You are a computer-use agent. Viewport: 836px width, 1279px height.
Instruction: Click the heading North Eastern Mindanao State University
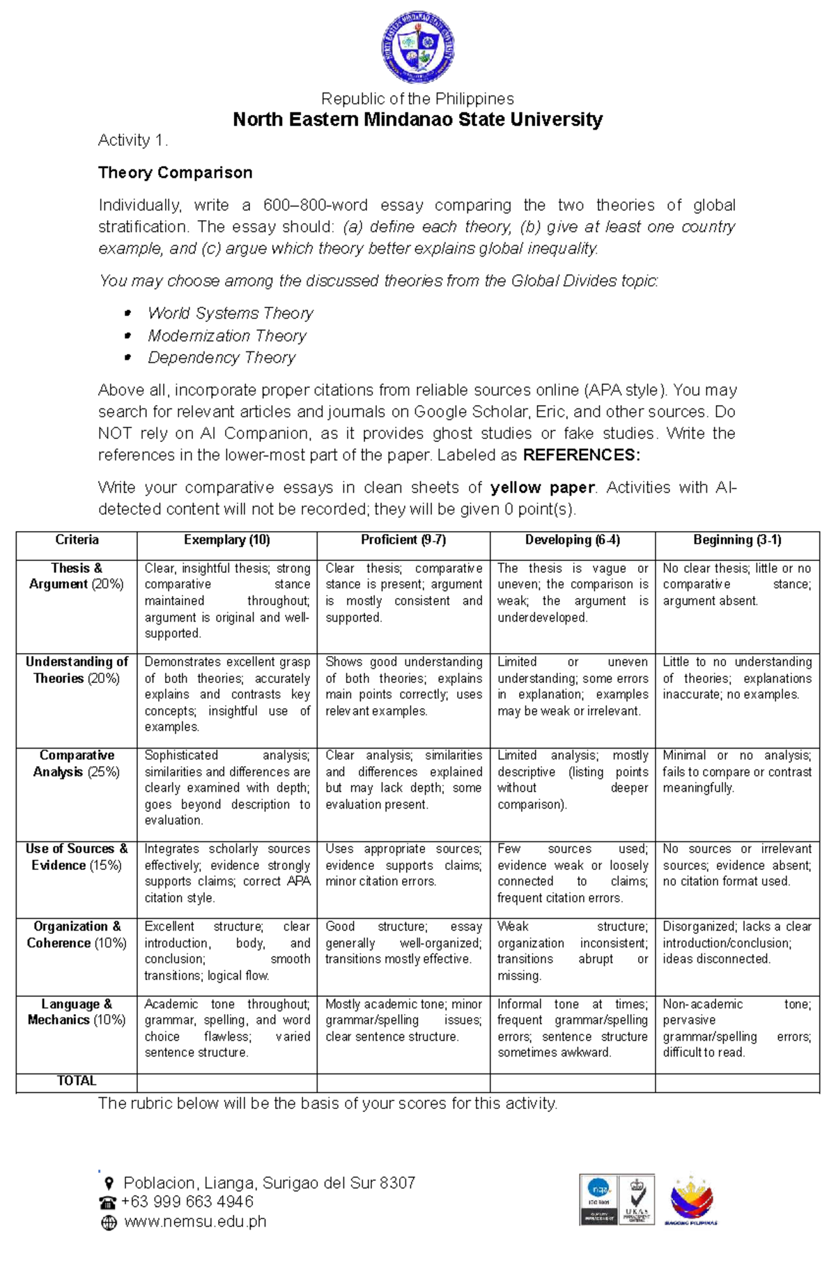pyautogui.click(x=418, y=120)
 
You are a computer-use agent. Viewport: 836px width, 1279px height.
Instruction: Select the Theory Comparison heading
pyautogui.click(x=175, y=173)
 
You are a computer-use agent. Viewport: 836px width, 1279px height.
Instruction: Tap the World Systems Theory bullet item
pyautogui.click(x=230, y=314)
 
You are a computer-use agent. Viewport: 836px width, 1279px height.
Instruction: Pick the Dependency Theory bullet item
pyautogui.click(x=222, y=358)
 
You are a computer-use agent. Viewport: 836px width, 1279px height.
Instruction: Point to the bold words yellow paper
pyautogui.click(x=543, y=488)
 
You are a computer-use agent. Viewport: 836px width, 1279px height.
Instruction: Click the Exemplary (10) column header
pyautogui.click(x=226, y=540)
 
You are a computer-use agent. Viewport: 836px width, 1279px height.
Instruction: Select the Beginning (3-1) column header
pyautogui.click(x=737, y=540)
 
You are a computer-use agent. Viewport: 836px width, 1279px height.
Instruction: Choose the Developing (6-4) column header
pyautogui.click(x=572, y=540)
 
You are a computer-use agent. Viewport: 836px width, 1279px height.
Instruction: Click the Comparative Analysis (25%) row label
pyautogui.click(x=77, y=764)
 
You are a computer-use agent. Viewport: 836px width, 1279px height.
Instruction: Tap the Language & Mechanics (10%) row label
pyautogui.click(x=77, y=1012)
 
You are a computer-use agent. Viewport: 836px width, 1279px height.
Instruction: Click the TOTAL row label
pyautogui.click(x=77, y=1081)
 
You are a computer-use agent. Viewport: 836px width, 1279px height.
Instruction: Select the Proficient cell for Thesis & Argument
pyautogui.click(x=403, y=593)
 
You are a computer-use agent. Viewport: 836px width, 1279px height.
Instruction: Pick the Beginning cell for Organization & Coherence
pyautogui.click(x=736, y=943)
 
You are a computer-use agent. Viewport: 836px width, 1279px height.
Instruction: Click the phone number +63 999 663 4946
pyautogui.click(x=187, y=1202)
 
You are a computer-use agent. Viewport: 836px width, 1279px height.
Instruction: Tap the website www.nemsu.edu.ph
pyautogui.click(x=195, y=1221)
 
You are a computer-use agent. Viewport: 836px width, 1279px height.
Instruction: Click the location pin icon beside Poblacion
pyautogui.click(x=109, y=1184)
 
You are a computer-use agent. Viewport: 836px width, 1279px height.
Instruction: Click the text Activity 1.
pyautogui.click(x=132, y=141)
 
